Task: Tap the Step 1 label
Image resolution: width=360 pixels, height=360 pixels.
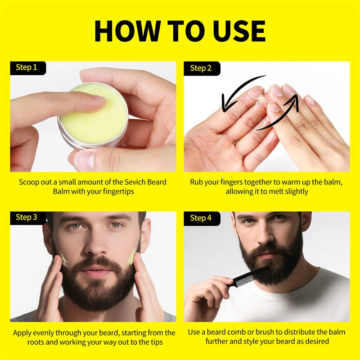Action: pyautogui.click(x=27, y=67)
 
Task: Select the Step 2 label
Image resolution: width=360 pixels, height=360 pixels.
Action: pyautogui.click(x=201, y=68)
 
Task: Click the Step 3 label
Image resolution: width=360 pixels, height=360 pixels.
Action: pyautogui.click(x=27, y=218)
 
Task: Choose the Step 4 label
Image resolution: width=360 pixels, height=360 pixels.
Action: pyautogui.click(x=201, y=218)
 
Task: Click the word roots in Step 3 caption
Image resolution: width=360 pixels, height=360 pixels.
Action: pyautogui.click(x=40, y=342)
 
